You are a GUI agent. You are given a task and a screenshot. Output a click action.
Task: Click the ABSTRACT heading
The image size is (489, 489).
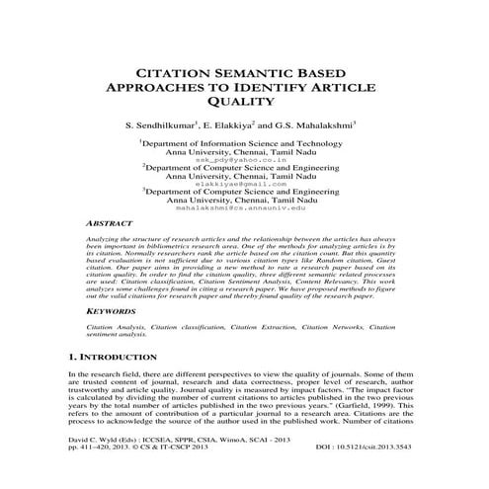point(111,224)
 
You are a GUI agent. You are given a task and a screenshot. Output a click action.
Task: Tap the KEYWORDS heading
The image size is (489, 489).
point(111,310)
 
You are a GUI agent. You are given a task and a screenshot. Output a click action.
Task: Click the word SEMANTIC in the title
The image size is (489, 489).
point(254,72)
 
